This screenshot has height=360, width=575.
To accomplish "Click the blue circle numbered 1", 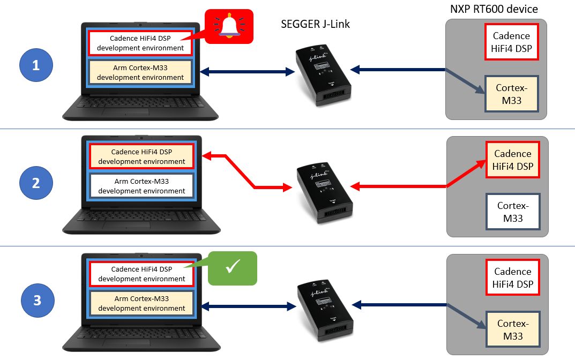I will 36,66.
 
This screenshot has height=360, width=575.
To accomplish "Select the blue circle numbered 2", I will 36,183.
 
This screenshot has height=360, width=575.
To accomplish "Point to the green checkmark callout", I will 232,268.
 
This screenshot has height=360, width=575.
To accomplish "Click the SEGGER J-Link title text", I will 315,24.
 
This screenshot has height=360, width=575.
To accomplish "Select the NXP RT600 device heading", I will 493,9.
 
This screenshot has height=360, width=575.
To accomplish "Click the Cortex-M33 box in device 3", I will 512,329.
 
